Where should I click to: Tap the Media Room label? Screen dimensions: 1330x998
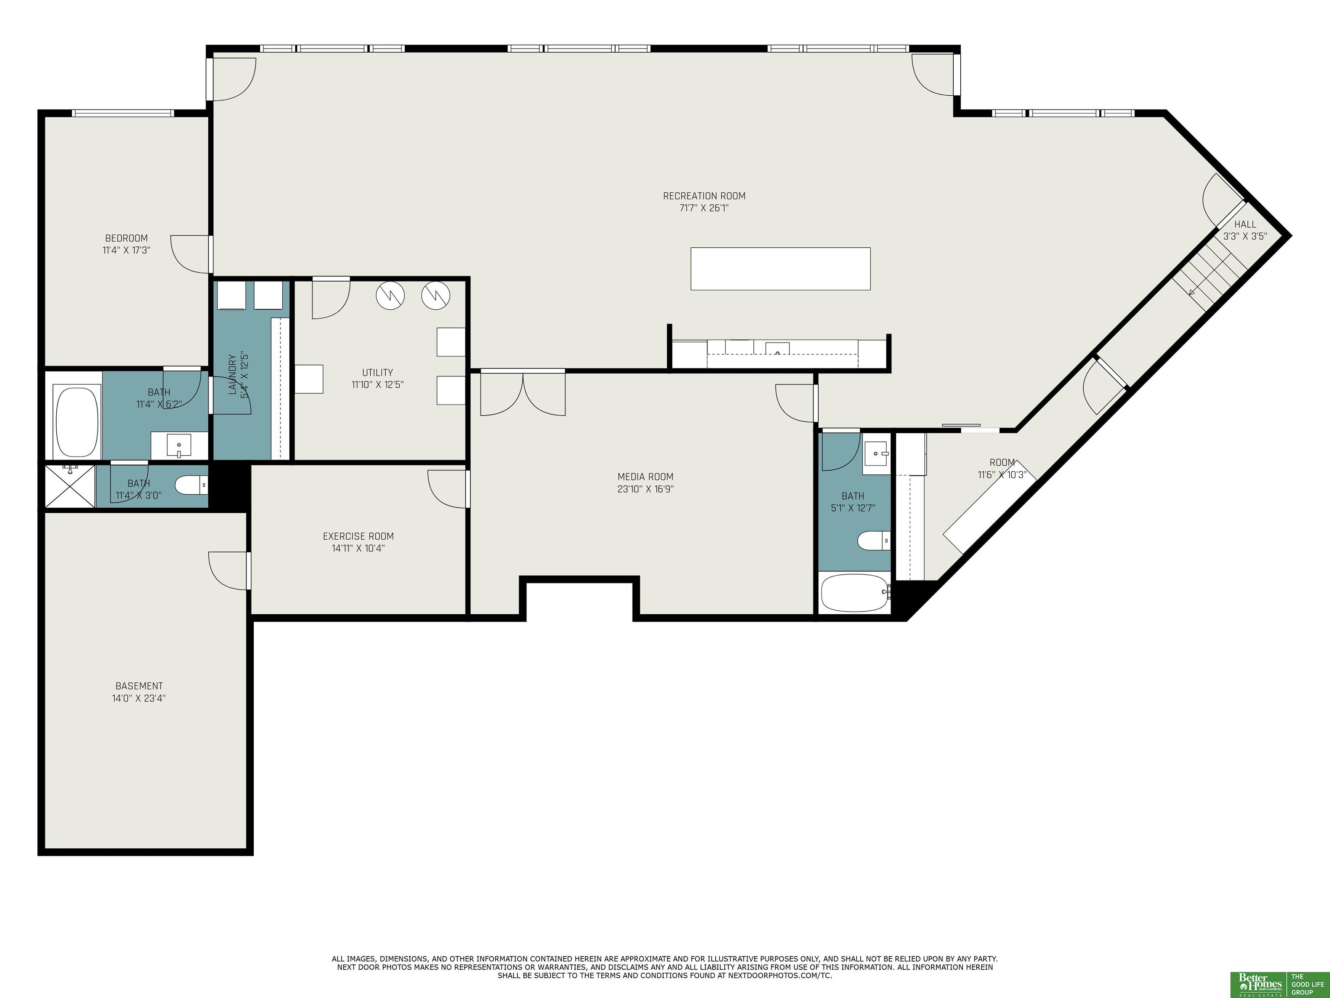click(x=645, y=477)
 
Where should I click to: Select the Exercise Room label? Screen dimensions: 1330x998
click(x=358, y=536)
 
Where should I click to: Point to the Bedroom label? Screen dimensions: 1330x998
click(x=126, y=238)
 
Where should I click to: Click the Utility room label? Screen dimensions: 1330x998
click(x=378, y=373)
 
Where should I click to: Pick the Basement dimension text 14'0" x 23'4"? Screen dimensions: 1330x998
click(x=139, y=698)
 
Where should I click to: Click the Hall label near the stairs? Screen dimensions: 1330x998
click(x=1245, y=224)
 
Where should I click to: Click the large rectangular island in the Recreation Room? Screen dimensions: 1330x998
click(x=781, y=269)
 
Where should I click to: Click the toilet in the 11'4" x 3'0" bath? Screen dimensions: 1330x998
click(x=191, y=484)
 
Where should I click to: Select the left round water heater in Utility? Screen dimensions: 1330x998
click(x=390, y=295)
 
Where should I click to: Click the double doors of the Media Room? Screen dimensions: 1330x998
click(x=523, y=394)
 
